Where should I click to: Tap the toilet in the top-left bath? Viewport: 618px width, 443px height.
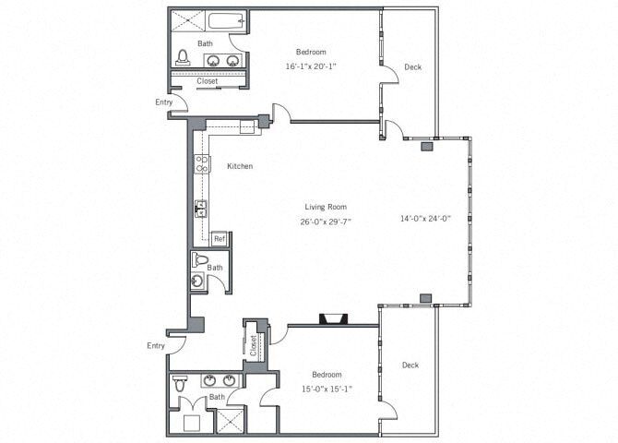(183, 58)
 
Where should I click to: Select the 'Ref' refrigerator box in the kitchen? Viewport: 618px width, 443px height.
(220, 239)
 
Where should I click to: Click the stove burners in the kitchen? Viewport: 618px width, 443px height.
(200, 166)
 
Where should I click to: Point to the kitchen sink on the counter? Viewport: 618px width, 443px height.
(200, 210)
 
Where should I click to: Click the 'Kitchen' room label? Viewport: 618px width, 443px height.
(240, 167)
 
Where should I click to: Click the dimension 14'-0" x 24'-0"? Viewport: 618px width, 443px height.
(424, 219)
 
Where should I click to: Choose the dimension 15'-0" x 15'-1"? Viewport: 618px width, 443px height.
(327, 389)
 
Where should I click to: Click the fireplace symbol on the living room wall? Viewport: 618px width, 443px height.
(333, 320)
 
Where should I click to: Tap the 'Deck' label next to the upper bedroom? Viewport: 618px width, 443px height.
(412, 66)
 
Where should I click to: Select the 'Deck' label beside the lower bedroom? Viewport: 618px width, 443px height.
(410, 365)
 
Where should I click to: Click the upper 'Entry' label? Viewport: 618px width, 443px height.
(164, 102)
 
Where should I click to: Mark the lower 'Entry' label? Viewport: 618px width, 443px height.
(156, 345)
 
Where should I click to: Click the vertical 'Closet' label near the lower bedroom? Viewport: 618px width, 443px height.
(253, 345)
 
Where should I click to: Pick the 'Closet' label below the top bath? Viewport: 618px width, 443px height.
(207, 80)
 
